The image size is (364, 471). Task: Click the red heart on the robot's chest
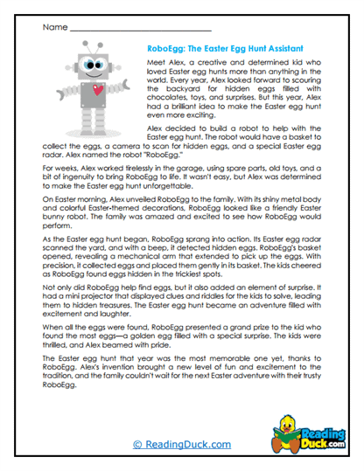(97, 89)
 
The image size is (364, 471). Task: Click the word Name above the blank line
(54, 27)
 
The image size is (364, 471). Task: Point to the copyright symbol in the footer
(136, 444)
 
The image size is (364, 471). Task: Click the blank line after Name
(140, 30)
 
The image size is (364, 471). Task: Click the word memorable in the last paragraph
(213, 384)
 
